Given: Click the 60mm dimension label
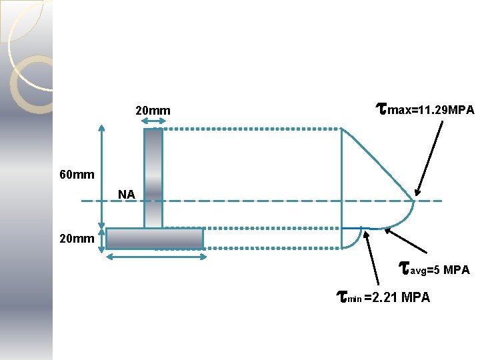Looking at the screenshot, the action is pos(77,175).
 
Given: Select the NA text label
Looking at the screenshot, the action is pos(127,195).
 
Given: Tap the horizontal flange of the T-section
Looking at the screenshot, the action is pos(154,238).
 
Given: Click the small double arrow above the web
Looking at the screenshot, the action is pos(153,121).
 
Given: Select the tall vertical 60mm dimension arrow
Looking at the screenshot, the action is pos(102,175).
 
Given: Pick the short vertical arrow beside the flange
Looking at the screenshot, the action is pos(102,240).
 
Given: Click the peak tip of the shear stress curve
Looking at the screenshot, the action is pos(413,200).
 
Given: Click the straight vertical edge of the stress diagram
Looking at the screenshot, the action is pos(341,180).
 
